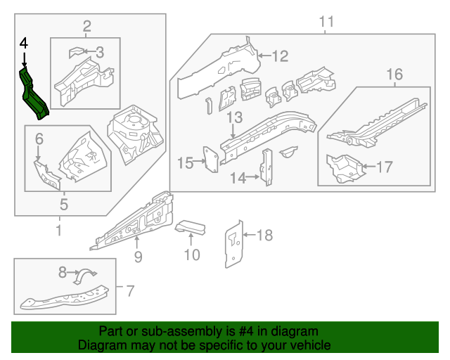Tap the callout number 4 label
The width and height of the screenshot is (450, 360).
tap(23, 44)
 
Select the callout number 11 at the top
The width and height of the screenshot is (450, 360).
tap(326, 22)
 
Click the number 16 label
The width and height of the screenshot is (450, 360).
tap(394, 74)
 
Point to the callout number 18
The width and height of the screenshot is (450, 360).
tap(264, 235)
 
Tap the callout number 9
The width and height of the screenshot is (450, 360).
tap(138, 257)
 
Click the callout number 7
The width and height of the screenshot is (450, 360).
tap(129, 290)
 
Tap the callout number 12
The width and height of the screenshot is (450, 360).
tap(280, 56)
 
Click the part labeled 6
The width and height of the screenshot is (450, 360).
tap(45, 174)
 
